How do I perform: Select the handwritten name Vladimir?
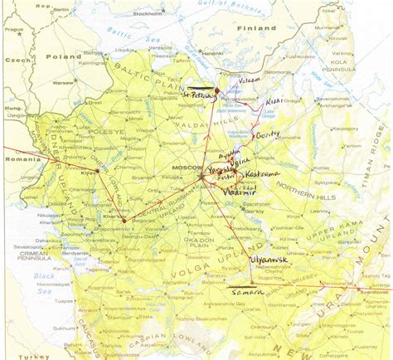[240, 192]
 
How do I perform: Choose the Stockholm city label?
[146, 14]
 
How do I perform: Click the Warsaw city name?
[60, 82]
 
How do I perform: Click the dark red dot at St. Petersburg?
[217, 91]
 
